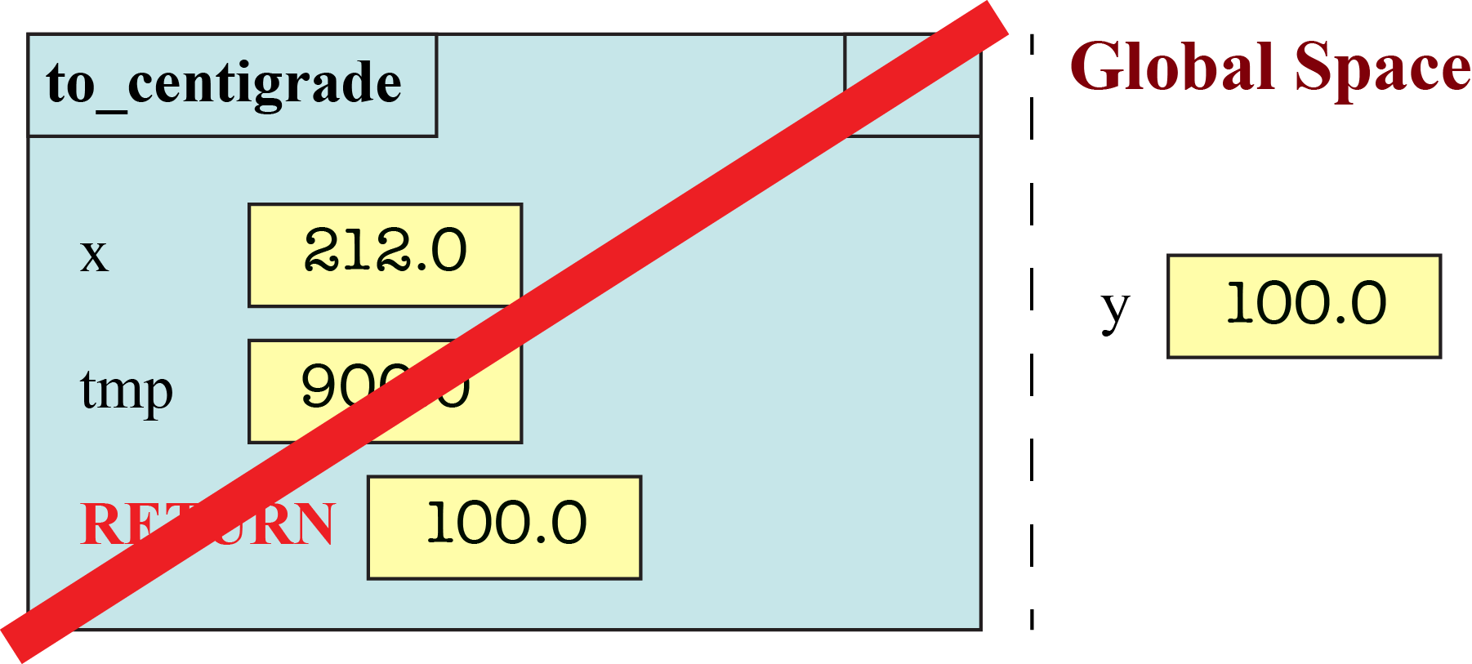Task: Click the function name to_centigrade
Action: tap(224, 84)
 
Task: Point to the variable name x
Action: tap(94, 256)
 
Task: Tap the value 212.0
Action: tap(385, 252)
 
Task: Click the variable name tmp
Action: tap(127, 390)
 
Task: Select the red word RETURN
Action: tap(207, 524)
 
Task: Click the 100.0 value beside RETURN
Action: tap(506, 524)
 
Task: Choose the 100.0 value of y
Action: tap(1305, 304)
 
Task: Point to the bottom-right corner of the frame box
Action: tap(980, 629)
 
